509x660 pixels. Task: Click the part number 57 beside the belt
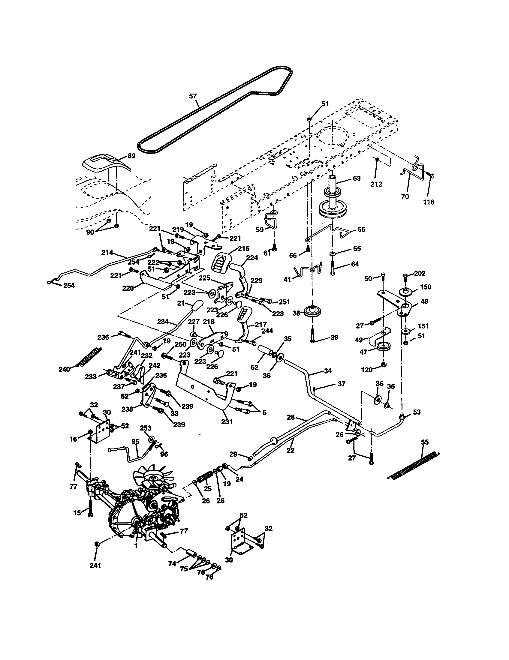pos(193,96)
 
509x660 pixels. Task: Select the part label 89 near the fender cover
pos(131,156)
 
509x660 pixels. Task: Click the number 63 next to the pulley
pos(357,178)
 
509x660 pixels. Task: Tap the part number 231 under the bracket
pos(227,422)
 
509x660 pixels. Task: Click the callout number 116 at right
pos(429,202)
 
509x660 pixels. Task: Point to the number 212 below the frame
pos(376,184)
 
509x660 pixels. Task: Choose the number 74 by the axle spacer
pos(172,564)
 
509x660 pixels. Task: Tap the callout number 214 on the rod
pos(107,252)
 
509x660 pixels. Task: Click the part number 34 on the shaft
pos(328,370)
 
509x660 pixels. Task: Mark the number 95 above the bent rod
pos(135,442)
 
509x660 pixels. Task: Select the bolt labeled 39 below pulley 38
pos(312,335)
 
